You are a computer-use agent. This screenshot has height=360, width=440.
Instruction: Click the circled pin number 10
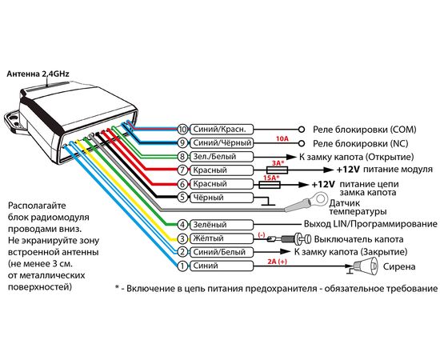[x=182, y=130]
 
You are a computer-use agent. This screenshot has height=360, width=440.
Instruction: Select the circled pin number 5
[x=182, y=198]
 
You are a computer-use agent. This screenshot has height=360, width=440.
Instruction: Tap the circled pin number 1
[x=182, y=266]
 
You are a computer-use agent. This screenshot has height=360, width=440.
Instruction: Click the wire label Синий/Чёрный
[x=222, y=143]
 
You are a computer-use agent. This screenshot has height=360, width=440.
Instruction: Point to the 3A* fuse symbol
[x=278, y=170]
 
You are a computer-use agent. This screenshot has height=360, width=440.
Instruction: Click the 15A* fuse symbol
[x=270, y=185]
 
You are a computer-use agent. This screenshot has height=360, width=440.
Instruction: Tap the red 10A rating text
[x=282, y=138]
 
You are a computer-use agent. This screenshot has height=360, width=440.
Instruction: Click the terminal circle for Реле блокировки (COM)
[x=302, y=130]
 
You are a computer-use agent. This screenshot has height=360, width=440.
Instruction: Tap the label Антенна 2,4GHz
[x=38, y=74]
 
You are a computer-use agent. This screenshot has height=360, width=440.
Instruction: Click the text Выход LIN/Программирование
[x=370, y=224]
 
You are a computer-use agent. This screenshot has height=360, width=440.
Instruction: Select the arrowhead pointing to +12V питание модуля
[x=327, y=170]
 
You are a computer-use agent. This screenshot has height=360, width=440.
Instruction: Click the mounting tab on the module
[x=12, y=121]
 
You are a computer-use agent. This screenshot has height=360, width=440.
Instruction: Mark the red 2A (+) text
[x=277, y=262]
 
